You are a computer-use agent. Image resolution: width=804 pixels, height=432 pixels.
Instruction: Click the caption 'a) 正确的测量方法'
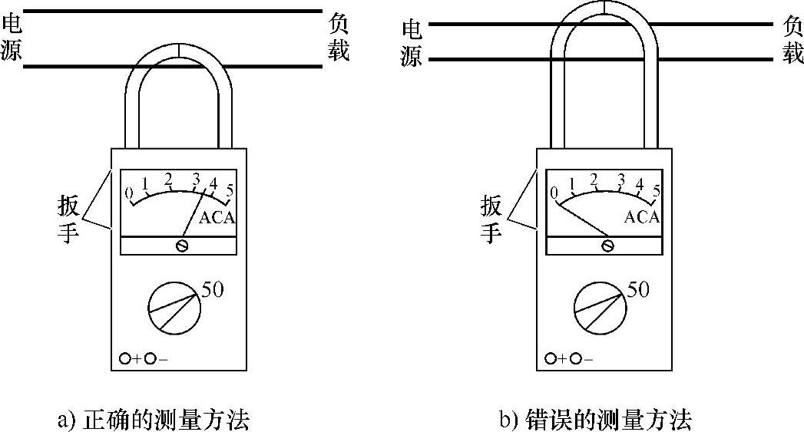(154, 420)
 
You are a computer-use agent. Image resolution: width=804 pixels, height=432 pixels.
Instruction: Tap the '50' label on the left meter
(213, 290)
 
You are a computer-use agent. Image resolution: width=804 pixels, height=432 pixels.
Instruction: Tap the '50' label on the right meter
(638, 290)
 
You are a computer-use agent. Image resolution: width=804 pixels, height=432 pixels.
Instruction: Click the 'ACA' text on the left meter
(217, 218)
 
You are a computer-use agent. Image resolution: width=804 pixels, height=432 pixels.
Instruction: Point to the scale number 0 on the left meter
(130, 192)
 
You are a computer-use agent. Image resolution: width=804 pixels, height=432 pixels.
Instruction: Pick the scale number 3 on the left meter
(196, 180)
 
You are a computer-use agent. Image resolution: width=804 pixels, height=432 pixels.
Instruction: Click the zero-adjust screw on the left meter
(182, 246)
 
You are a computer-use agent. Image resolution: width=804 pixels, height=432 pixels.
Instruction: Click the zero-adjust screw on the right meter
(608, 246)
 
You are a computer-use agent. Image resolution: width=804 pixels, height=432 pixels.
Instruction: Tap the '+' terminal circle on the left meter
(125, 358)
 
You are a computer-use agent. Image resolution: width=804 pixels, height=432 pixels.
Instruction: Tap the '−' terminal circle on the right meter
(576, 358)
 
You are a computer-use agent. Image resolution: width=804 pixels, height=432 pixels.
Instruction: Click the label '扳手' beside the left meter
(68, 219)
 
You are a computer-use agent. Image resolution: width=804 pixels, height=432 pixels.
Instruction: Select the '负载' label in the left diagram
(339, 38)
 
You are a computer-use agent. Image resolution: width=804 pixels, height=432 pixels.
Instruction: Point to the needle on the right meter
(583, 219)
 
